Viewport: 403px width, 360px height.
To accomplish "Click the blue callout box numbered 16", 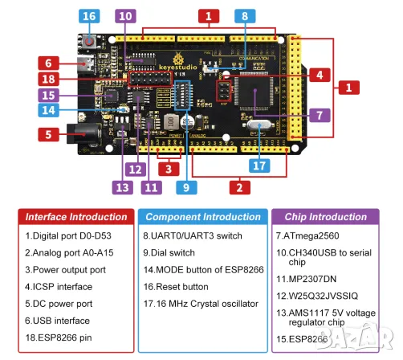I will pyautogui.click(x=88, y=16).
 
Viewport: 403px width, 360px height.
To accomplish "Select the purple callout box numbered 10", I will pyautogui.click(x=124, y=16).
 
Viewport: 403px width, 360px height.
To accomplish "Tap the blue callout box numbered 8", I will pyautogui.click(x=245, y=16).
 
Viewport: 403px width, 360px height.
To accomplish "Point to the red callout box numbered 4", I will pyautogui.click(x=319, y=76).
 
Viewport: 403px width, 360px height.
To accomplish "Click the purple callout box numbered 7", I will pyautogui.click(x=319, y=114).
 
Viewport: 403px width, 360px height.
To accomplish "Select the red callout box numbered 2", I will pyautogui.click(x=237, y=188).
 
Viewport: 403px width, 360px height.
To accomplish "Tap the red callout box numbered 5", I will pyautogui.click(x=49, y=135).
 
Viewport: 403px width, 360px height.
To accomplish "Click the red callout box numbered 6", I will pyautogui.click(x=49, y=62).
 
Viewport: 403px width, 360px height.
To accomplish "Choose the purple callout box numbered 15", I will pyautogui.click(x=49, y=95).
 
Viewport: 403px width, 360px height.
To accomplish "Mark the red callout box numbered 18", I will pyautogui.click(x=49, y=78).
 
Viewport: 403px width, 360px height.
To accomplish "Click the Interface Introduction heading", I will pyautogui.click(x=76, y=217).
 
